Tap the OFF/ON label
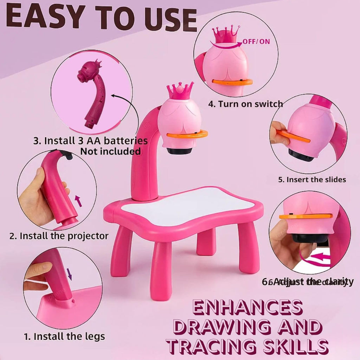[x=256, y=41]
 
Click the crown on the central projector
[x=180, y=91]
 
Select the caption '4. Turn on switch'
[x=245, y=104]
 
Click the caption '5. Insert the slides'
[x=312, y=179]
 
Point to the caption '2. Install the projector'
[x=59, y=236]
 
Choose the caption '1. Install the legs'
[x=64, y=336]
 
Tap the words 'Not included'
[x=110, y=151]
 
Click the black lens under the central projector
[x=179, y=151]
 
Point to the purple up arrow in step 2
[x=79, y=201]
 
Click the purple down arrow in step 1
[x=69, y=274]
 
